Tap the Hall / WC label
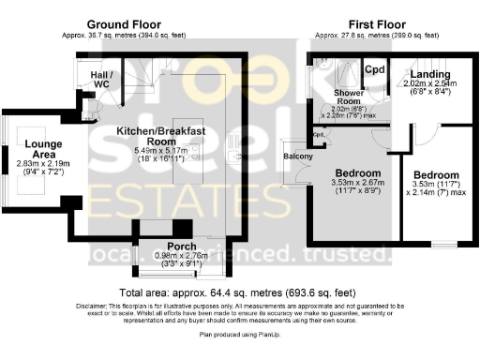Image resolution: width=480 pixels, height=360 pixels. (101, 78)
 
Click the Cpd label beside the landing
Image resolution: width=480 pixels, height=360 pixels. (375, 69)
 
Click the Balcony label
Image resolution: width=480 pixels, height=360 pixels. (298, 155)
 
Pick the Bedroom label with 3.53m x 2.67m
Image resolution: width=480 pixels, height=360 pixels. (358, 173)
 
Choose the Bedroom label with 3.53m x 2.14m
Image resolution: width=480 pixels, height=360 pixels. (436, 175)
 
